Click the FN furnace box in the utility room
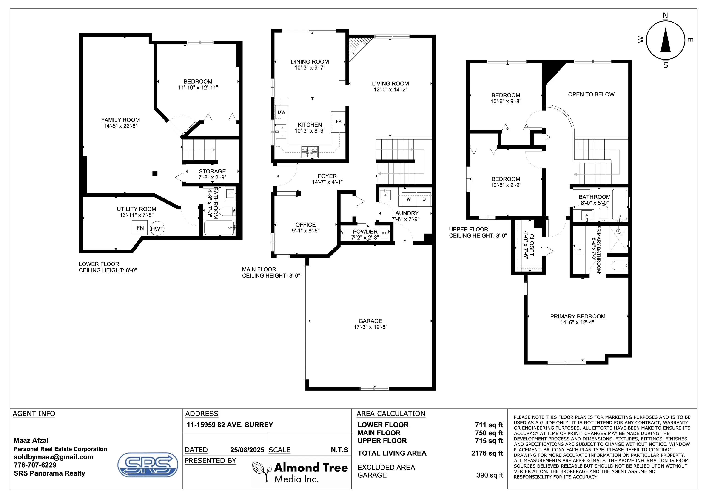[140, 228]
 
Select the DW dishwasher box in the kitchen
[281, 112]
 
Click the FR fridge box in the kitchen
[339, 122]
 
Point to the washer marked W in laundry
[409, 199]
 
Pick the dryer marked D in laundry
[424, 199]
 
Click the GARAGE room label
[370, 321]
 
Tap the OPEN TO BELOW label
[591, 94]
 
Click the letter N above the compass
[665, 16]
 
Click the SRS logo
[148, 465]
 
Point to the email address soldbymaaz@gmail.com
[54, 457]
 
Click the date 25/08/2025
[247, 450]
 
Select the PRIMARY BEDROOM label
[578, 316]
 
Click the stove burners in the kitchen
[310, 152]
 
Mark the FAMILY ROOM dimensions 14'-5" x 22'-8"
[120, 126]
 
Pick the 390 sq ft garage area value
[490, 475]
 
